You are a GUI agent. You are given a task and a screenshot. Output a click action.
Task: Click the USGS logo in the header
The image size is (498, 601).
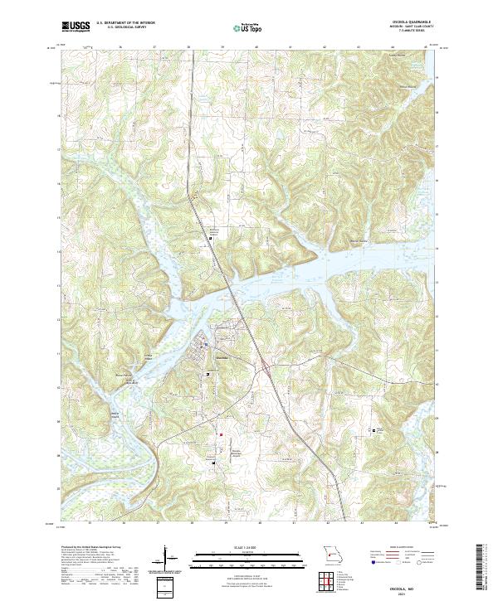click(x=75, y=27)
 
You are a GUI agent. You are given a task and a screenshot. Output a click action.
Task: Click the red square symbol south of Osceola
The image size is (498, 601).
click(x=221, y=433)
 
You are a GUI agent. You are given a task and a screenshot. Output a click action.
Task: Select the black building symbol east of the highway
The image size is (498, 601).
click(x=374, y=430)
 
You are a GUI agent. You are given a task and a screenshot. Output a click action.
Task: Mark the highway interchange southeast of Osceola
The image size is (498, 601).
click(x=265, y=366)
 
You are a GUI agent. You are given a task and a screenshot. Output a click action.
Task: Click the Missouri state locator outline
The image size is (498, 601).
click(x=333, y=552)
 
